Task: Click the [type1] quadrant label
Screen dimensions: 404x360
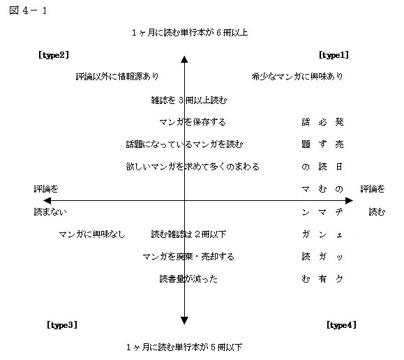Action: click(x=334, y=55)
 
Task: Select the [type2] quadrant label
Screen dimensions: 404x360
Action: click(x=54, y=55)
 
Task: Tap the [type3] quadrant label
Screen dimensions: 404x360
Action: click(x=62, y=325)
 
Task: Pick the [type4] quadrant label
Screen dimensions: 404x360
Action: click(x=342, y=325)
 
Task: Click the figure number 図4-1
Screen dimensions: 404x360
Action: click(x=28, y=10)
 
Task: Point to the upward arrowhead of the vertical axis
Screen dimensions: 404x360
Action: click(x=184, y=59)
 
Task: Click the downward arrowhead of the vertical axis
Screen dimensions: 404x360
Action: click(x=184, y=320)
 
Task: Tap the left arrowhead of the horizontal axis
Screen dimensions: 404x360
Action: click(x=47, y=200)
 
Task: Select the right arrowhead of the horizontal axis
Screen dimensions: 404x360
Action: click(x=349, y=200)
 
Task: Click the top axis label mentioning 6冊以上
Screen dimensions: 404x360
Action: click(x=190, y=33)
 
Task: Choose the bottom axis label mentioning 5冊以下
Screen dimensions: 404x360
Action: click(x=184, y=347)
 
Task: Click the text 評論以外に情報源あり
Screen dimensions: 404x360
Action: click(x=117, y=77)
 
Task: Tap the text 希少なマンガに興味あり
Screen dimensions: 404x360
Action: click(x=297, y=77)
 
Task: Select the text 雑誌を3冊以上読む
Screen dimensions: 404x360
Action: click(x=189, y=100)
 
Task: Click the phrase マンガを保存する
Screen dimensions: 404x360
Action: click(x=193, y=122)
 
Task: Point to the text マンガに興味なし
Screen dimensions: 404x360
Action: click(x=92, y=234)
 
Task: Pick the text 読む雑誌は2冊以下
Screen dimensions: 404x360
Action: click(x=188, y=234)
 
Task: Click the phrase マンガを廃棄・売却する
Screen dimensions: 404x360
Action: click(x=188, y=257)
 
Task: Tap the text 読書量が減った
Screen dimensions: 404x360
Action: click(x=188, y=279)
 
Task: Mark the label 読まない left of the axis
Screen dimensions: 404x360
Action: click(x=50, y=212)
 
